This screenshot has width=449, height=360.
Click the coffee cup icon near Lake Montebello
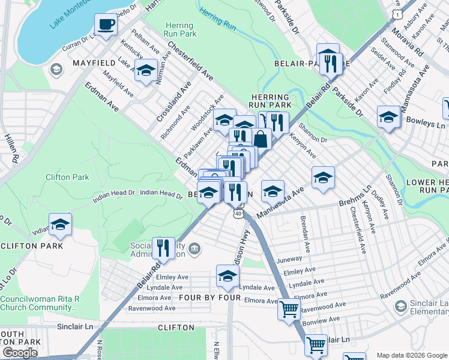[106, 25]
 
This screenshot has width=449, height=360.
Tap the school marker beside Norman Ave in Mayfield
[146, 71]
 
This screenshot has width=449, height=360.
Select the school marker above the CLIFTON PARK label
[60, 225]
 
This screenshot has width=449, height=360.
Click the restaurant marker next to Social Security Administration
[163, 247]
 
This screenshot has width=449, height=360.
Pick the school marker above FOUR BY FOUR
[228, 277]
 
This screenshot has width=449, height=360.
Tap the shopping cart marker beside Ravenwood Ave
[289, 310]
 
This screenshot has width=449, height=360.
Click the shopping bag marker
[261, 139]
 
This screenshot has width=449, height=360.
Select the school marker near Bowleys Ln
[388, 118]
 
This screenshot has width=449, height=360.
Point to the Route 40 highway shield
[239, 213]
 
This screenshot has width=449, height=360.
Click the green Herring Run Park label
[179, 30]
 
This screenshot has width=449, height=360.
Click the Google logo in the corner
[20, 353]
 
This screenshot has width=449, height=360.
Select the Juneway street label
[289, 260]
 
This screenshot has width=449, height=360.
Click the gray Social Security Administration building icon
[194, 248]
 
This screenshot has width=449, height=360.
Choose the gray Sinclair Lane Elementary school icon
[400, 307]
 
